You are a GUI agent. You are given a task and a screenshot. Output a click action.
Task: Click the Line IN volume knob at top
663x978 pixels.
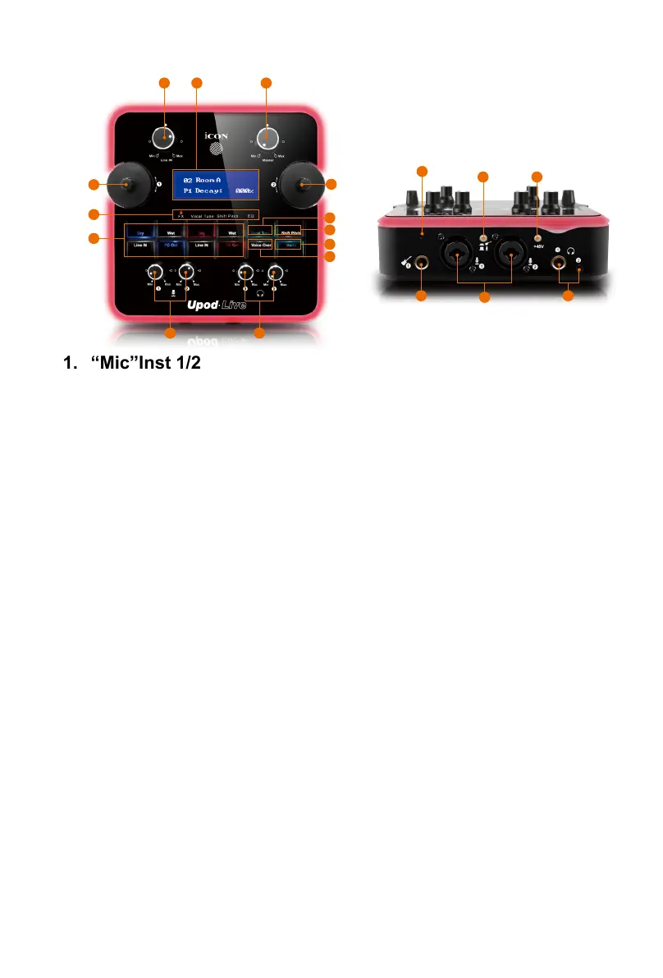click(x=165, y=137)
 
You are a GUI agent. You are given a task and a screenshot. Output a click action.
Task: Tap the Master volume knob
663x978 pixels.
click(x=266, y=137)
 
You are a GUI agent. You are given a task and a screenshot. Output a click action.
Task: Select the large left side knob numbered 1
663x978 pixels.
click(x=130, y=186)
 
